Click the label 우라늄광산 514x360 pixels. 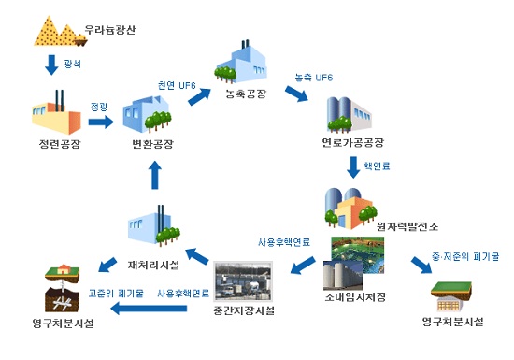(110, 29)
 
